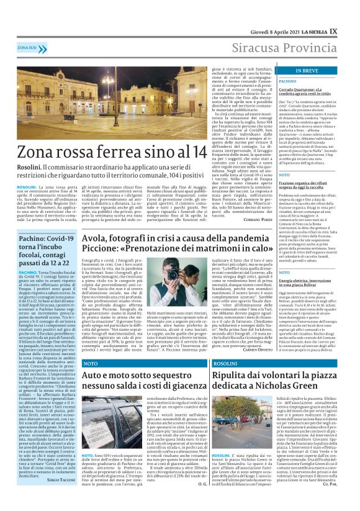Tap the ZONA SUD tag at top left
[27, 47]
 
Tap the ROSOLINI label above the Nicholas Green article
[225, 362]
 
